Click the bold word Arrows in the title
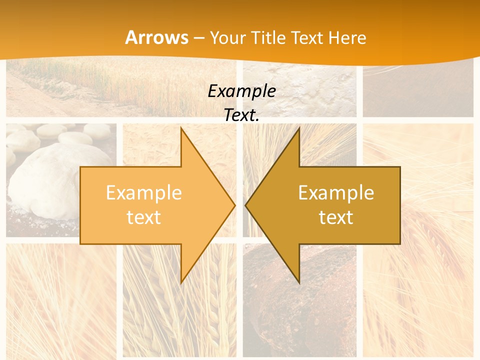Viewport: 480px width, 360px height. point(156,37)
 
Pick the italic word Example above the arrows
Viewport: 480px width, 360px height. point(241,91)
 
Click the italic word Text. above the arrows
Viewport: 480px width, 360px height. point(241,115)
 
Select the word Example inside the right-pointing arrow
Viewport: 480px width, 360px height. point(144,193)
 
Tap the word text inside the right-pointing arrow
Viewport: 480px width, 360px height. point(144,217)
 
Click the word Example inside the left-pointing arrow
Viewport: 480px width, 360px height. point(336,193)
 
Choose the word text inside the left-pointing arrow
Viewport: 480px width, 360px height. point(336,217)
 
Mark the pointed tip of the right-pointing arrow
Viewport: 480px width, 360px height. point(234,205)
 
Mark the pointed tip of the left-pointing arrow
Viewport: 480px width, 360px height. point(246,205)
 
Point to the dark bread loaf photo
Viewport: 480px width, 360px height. point(300,295)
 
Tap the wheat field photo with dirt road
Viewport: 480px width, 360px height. point(100,87)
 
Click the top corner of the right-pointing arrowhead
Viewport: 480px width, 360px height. point(181,128)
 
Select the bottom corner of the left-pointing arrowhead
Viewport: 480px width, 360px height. point(299,282)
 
